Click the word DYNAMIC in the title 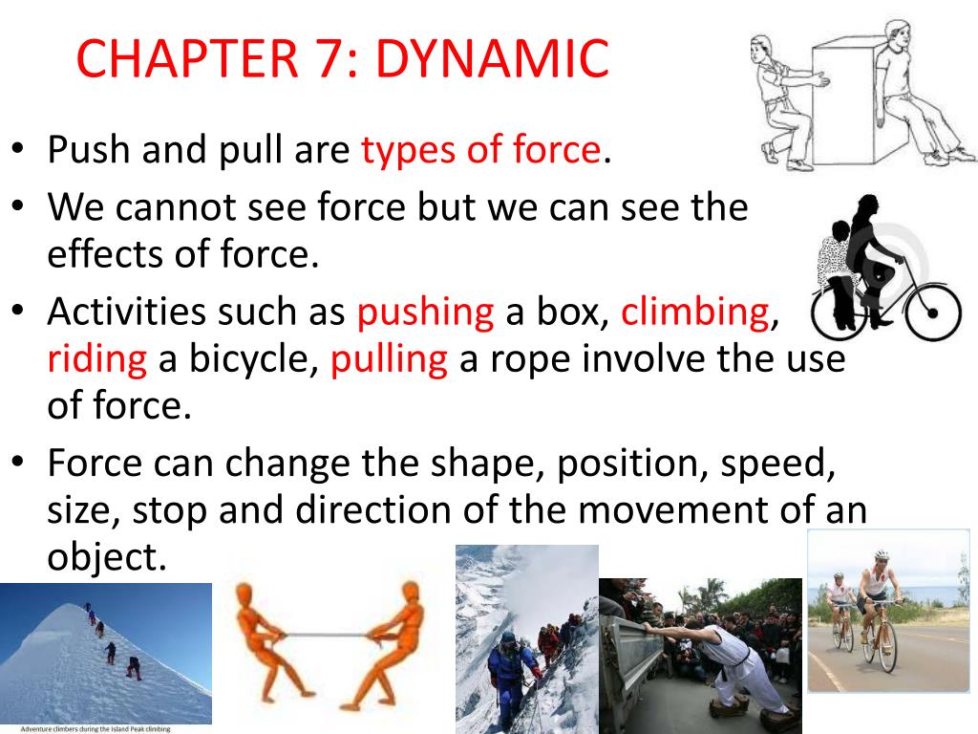click(x=492, y=58)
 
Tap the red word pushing click(x=425, y=313)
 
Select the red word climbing click(x=695, y=313)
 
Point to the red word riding click(x=97, y=359)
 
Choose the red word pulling click(x=390, y=360)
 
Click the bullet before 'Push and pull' click(x=18, y=149)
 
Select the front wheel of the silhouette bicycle click(x=933, y=313)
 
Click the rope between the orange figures click(x=327, y=636)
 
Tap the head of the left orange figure click(x=244, y=594)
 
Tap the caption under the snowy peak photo click(x=96, y=729)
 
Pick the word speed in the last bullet click(x=777, y=464)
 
